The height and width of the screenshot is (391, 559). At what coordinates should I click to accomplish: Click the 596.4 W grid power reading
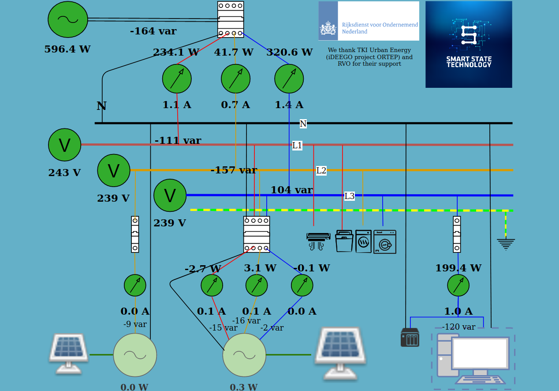pos(67,49)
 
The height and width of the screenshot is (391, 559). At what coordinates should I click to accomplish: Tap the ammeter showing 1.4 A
pos(289,79)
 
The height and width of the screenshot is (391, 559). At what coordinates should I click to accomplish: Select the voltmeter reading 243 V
pos(65,145)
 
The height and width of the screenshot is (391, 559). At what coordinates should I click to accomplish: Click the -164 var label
pos(153,31)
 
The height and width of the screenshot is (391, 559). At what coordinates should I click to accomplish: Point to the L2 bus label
pos(321,170)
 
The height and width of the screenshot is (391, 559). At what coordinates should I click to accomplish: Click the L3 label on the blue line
pos(349,196)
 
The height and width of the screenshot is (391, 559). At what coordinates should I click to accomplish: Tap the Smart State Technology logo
pos(469,44)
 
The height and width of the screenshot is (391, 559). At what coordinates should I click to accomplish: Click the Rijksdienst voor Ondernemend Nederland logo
pos(369,21)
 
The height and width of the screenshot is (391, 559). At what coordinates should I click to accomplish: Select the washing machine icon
pos(385,242)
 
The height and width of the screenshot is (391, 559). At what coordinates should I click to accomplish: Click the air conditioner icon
pos(318,241)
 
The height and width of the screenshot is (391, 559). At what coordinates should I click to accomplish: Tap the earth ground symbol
pos(506,244)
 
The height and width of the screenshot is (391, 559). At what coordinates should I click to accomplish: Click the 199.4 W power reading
pos(458,268)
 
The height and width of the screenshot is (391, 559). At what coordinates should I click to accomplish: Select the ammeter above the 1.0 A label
pos(458,285)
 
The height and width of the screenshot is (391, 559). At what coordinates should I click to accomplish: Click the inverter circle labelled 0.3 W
pos(244,355)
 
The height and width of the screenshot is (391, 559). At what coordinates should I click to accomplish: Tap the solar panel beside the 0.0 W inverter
pos(68,353)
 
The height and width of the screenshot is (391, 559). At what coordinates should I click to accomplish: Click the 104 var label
pos(291,190)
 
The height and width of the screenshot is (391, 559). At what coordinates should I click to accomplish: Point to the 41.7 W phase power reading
pos(234,53)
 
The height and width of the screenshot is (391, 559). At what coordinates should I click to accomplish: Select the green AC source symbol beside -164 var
pos(68,19)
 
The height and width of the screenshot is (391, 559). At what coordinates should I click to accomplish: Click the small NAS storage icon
pos(410,338)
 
